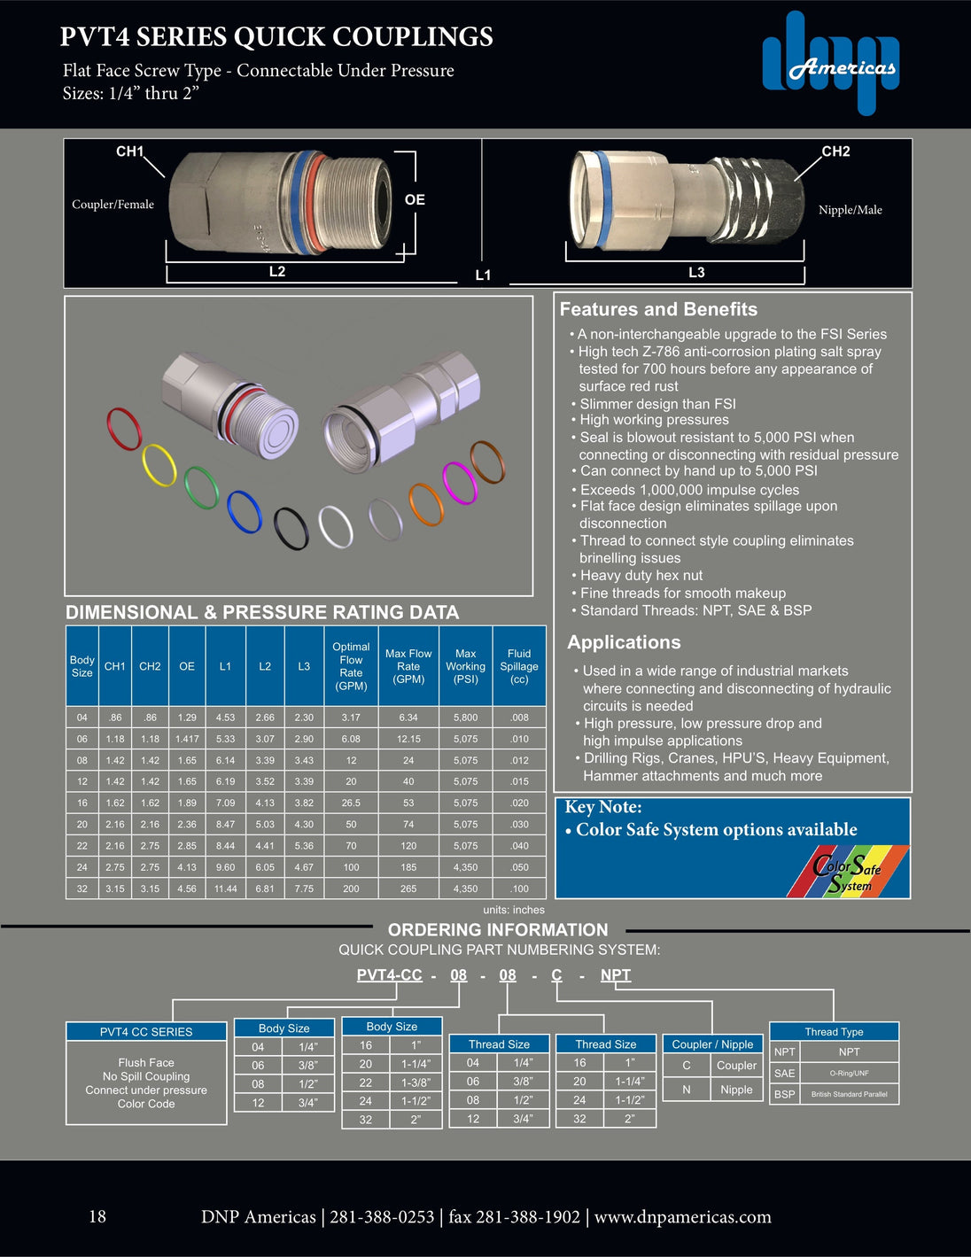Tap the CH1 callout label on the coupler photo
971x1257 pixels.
[x=129, y=151]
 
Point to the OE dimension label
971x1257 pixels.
[x=415, y=200]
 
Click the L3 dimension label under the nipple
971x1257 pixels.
[x=696, y=273]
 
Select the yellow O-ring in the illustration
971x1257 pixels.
[x=159, y=465]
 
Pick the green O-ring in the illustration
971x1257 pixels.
[x=202, y=487]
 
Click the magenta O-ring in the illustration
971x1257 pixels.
[x=459, y=483]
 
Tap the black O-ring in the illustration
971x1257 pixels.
[x=291, y=529]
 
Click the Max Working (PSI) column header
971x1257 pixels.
[x=465, y=666]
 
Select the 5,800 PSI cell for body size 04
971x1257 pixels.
[x=465, y=718]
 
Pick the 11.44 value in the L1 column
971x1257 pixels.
[x=225, y=888]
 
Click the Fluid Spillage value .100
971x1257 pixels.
[x=519, y=888]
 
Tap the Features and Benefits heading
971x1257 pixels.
[x=658, y=309]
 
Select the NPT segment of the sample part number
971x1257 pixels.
[x=616, y=975]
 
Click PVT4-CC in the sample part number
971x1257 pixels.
[x=389, y=975]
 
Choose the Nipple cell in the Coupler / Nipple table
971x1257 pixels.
[x=736, y=1090]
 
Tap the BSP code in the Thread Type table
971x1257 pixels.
[x=784, y=1094]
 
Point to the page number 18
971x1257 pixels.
[x=97, y=1216]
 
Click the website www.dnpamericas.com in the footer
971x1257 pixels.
[x=682, y=1217]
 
